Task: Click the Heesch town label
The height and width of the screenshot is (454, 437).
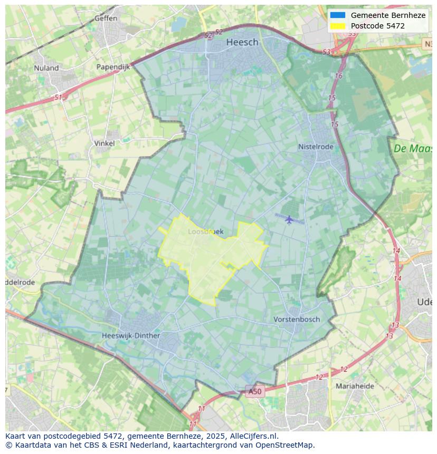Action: pyautogui.click(x=242, y=42)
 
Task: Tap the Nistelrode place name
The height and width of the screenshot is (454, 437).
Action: pyautogui.click(x=316, y=147)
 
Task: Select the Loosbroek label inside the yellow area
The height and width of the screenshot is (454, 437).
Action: pyautogui.click(x=206, y=231)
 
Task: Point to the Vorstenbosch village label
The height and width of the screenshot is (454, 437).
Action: pyautogui.click(x=297, y=319)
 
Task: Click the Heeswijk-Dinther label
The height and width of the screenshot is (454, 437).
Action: pyautogui.click(x=131, y=335)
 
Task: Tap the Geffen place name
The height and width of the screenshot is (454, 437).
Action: pyautogui.click(x=106, y=18)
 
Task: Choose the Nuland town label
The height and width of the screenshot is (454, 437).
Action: pyautogui.click(x=46, y=67)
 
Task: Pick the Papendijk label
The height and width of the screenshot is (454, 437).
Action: pyautogui.click(x=113, y=67)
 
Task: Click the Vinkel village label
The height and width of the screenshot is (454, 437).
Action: pyautogui.click(x=104, y=143)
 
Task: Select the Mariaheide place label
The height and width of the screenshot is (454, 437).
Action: pyautogui.click(x=355, y=386)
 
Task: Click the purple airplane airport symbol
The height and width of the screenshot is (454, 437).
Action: pyautogui.click(x=289, y=219)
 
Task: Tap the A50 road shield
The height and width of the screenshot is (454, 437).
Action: pyautogui.click(x=255, y=391)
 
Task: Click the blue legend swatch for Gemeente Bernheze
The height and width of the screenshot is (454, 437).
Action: pyautogui.click(x=337, y=15)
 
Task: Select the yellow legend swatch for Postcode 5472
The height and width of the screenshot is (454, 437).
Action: pyautogui.click(x=337, y=26)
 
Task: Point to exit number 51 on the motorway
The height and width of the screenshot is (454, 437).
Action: pyautogui.click(x=58, y=98)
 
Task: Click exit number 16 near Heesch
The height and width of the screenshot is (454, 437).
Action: pyautogui.click(x=338, y=76)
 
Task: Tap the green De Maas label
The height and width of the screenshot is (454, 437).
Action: pyautogui.click(x=412, y=149)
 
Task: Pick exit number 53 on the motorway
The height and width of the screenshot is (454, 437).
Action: pyautogui.click(x=327, y=52)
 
